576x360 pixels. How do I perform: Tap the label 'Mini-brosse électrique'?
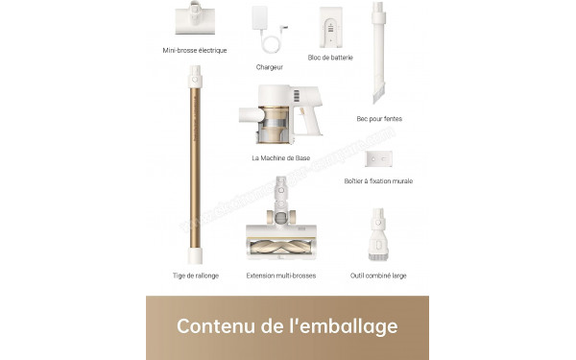[x=195, y=50]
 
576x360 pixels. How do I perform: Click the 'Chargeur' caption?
[x=270, y=67]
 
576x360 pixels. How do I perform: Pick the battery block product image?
[x=331, y=26]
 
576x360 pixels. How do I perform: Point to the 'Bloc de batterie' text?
[x=330, y=58]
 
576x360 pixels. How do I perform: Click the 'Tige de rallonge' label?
[x=195, y=276]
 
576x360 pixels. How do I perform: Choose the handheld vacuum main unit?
[x=280, y=115]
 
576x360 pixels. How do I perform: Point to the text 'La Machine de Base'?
[x=280, y=157]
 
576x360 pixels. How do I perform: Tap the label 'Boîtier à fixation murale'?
[x=378, y=180]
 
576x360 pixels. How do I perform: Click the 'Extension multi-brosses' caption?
[x=280, y=276]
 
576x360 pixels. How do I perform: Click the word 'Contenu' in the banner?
[x=214, y=326]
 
